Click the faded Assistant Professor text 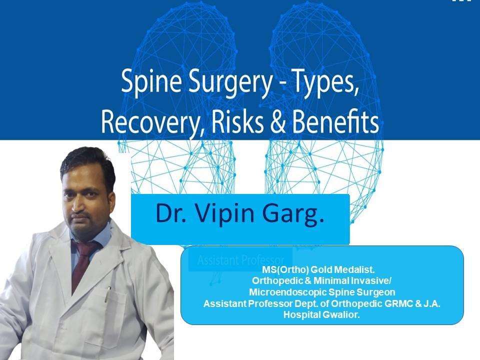pos(240,260)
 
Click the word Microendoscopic pos(288,292)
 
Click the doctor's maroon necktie pos(83,263)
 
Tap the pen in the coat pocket pos(108,294)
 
